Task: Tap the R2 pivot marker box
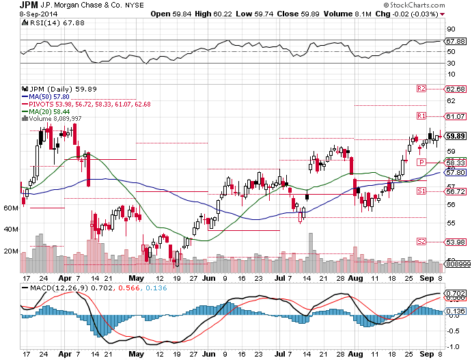click(x=421, y=89)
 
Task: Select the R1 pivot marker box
click(x=421, y=115)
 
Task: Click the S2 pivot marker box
click(x=421, y=241)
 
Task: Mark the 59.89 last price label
click(x=455, y=136)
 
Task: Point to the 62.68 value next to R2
click(x=455, y=89)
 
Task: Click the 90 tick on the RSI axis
click(x=451, y=29)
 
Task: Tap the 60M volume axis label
click(x=10, y=207)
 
